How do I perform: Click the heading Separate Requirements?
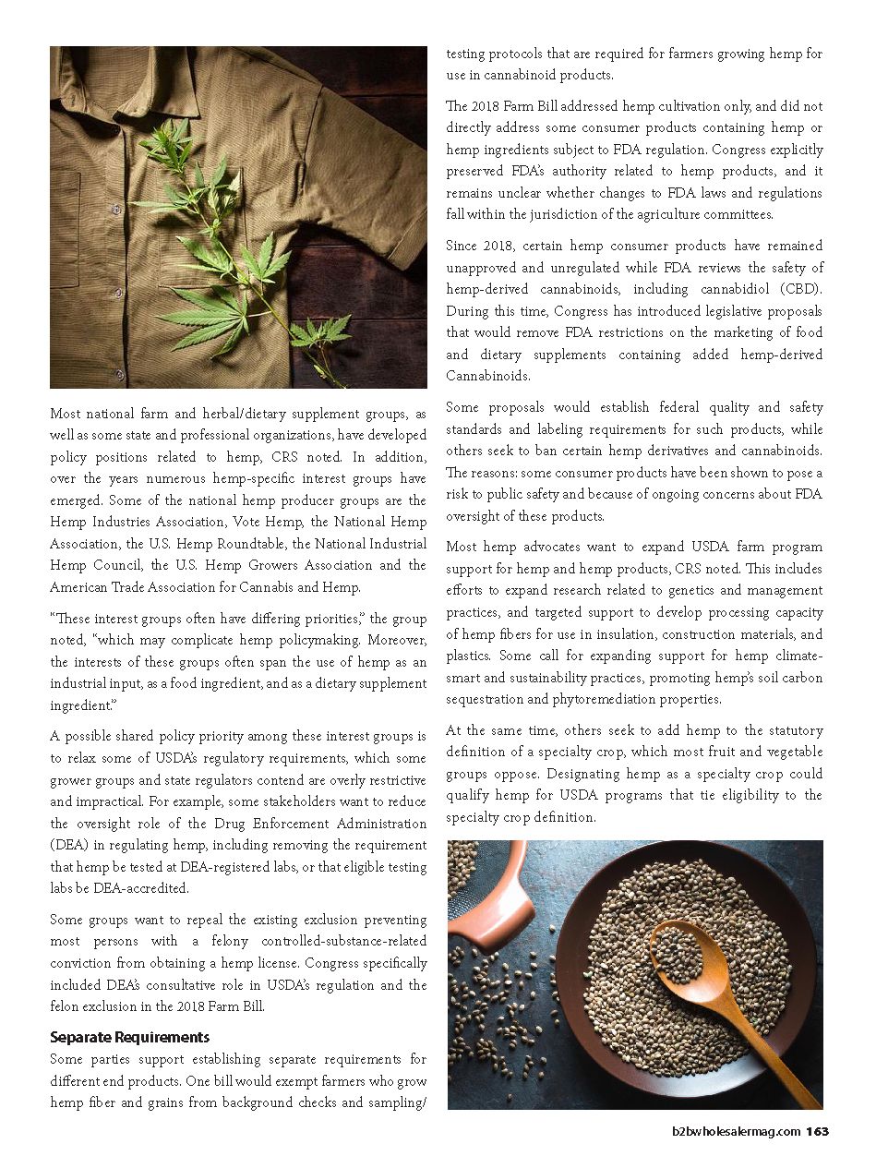pos(129,1037)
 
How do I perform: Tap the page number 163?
pos(817,1132)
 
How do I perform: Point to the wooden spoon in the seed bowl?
pos(711,979)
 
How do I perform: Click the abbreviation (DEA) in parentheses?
pos(73,845)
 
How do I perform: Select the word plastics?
pos(469,656)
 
